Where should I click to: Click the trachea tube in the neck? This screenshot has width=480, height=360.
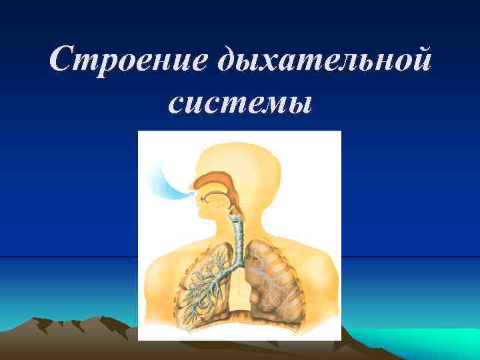pyautogui.click(x=236, y=230)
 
